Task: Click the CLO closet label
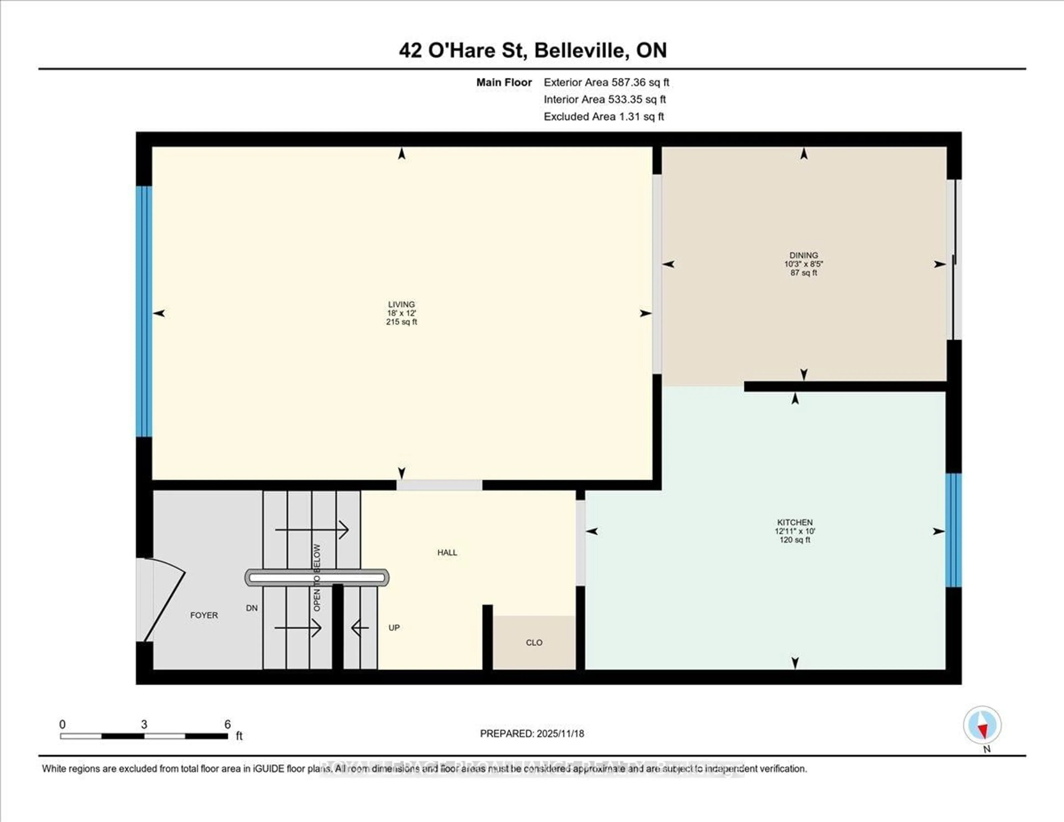tap(534, 642)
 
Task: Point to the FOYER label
tap(204, 615)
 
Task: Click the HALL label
tap(447, 552)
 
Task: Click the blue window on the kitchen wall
tap(953, 530)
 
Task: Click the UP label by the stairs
tap(394, 627)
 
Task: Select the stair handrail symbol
tap(317, 577)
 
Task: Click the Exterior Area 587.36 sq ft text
tap(606, 82)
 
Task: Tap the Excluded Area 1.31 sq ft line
tap(603, 116)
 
